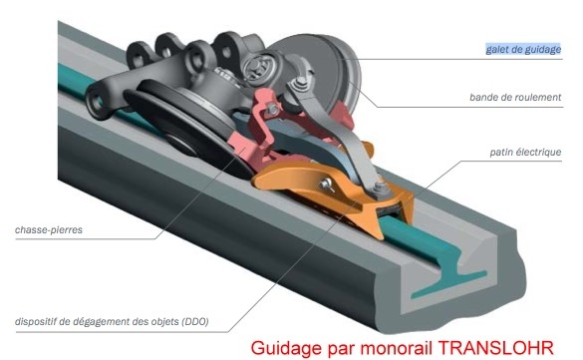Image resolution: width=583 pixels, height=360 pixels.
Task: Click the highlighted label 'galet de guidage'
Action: point(523,49)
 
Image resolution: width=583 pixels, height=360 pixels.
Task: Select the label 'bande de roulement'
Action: point(515,98)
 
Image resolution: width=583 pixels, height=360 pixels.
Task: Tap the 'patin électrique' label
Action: point(525,153)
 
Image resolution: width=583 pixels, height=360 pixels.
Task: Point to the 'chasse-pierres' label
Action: point(49,229)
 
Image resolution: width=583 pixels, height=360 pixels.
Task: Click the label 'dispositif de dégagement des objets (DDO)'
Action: point(112,321)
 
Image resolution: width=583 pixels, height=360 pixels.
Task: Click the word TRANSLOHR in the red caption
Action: point(496,348)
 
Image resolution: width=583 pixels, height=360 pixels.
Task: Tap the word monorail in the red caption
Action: point(397,348)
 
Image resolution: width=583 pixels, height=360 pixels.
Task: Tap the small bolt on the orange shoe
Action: point(327,184)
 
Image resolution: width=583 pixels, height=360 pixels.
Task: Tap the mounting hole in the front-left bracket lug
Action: point(98,102)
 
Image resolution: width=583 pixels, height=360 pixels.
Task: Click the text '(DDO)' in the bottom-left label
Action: point(195,321)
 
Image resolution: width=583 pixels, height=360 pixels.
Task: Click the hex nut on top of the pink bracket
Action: point(272,110)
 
